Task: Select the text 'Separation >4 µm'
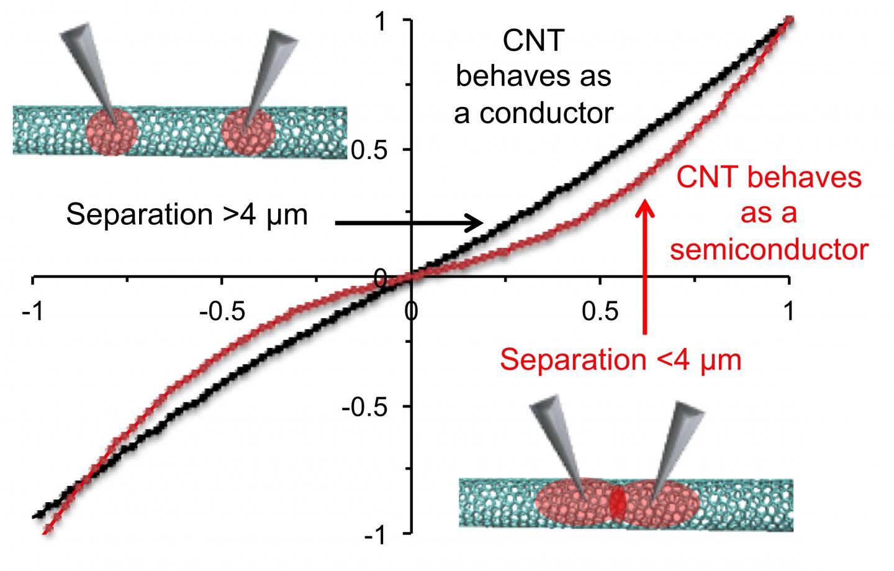tap(187, 215)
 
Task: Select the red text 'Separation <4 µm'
tap(621, 359)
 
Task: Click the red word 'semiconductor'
tap(769, 250)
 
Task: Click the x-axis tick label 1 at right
tap(788, 311)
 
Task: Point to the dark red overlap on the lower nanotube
tap(617, 504)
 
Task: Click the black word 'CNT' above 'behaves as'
tap(533, 42)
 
